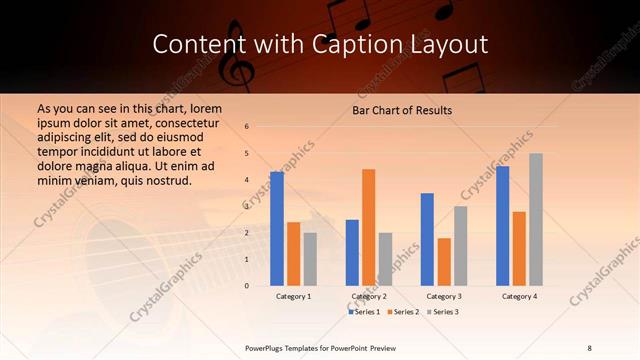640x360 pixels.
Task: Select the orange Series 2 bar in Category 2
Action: tap(368, 227)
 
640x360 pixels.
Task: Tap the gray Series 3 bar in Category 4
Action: tap(536, 219)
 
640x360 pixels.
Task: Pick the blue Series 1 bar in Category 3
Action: tap(427, 239)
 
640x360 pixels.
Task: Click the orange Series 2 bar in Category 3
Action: tap(444, 261)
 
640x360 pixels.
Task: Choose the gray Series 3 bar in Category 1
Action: tap(310, 259)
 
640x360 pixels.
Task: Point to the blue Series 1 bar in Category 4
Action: tap(503, 225)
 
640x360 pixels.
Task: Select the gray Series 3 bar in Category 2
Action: tap(385, 259)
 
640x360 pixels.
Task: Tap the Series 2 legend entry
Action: tap(401, 312)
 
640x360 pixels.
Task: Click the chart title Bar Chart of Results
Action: tap(402, 109)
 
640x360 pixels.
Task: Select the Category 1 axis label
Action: tap(293, 296)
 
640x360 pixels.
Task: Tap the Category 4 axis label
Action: tap(519, 296)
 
